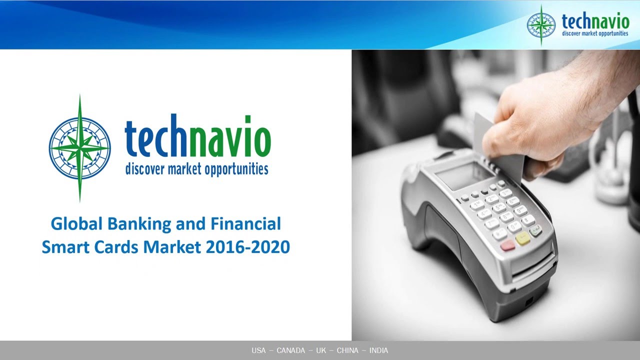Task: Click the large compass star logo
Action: click(x=80, y=148)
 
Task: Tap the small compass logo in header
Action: click(x=541, y=24)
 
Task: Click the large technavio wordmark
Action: click(x=197, y=138)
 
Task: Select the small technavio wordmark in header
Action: click(x=595, y=21)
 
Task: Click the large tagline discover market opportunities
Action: click(x=196, y=169)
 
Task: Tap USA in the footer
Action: click(x=258, y=350)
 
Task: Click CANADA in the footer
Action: click(x=290, y=350)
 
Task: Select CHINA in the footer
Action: click(x=347, y=350)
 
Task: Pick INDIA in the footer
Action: click(x=378, y=350)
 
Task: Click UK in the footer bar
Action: click(x=321, y=350)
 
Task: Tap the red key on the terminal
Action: click(x=508, y=245)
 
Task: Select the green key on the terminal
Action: click(x=536, y=231)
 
